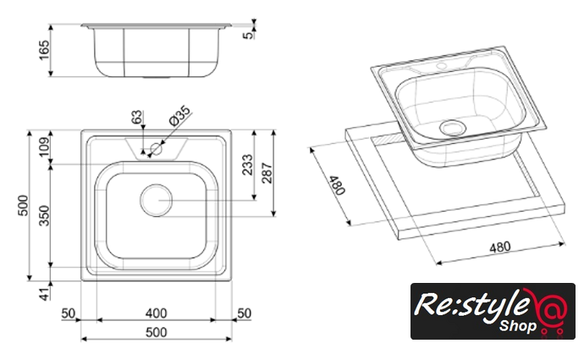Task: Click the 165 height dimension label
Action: tap(44, 50)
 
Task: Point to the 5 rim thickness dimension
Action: tap(248, 36)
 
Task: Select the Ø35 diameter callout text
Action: tap(179, 115)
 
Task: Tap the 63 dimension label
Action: tap(136, 117)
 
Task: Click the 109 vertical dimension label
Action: tap(44, 147)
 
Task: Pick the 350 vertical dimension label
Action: tap(44, 215)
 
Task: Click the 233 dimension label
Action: tap(247, 164)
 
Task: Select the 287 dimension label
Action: tap(267, 173)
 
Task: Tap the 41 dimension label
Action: tap(44, 294)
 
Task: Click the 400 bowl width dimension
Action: tap(156, 313)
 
